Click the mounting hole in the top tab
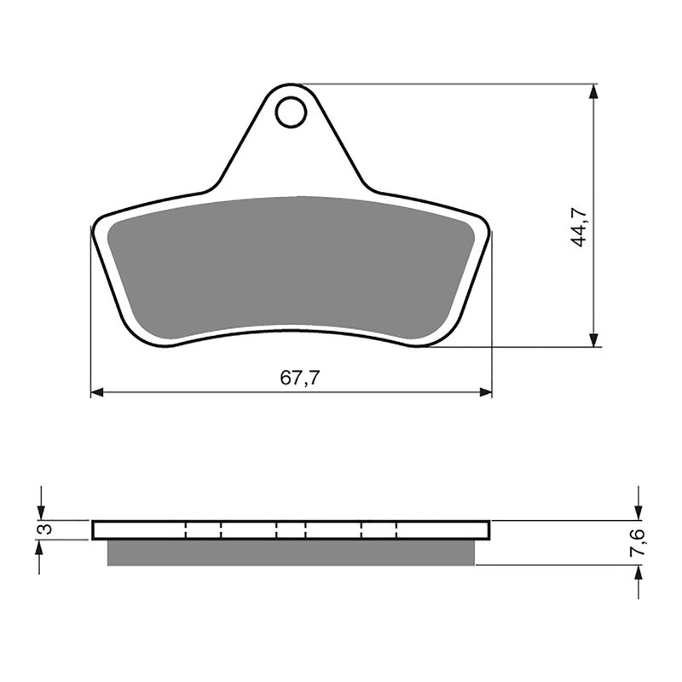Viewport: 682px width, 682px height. coord(291,112)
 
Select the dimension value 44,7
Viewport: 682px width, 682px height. coord(580,226)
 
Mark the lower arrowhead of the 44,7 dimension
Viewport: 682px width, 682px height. coord(594,340)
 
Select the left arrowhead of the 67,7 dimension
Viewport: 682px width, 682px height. coord(97,392)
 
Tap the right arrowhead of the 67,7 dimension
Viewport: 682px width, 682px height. coord(485,392)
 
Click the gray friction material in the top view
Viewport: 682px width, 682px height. coord(290,264)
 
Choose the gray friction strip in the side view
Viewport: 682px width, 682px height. coord(290,553)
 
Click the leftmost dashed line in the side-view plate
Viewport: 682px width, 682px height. coord(185,530)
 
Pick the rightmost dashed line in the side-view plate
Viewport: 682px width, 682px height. coord(396,530)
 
